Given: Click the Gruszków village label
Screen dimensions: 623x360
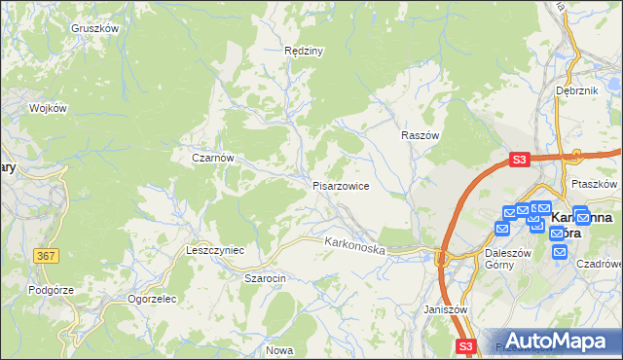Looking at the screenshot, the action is click(94, 28).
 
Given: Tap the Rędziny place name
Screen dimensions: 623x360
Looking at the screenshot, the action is click(303, 51).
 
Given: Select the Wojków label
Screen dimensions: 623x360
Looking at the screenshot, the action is click(48, 108).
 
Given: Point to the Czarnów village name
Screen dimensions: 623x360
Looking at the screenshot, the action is click(212, 157).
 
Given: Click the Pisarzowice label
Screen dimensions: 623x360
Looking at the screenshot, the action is click(340, 185).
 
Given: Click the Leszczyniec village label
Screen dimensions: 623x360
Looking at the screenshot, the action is click(214, 250).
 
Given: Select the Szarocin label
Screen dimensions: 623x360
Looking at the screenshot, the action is click(264, 277).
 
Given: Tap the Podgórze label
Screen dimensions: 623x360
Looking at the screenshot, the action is click(48, 290).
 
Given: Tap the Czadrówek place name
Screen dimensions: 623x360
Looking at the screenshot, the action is click(598, 263).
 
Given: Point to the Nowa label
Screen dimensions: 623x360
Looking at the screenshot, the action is click(279, 350).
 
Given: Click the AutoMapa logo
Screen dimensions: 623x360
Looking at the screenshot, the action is click(556, 341).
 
